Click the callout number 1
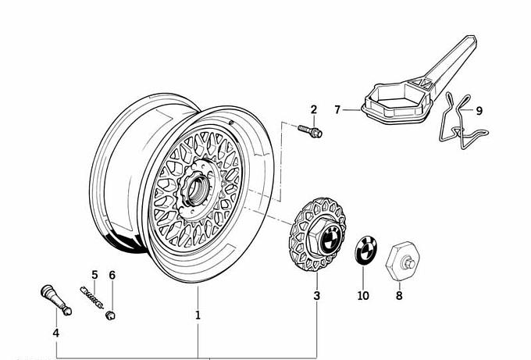point(198,315)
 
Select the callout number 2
point(314,109)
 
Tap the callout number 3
point(316,296)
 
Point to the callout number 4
point(55,333)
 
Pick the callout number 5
point(94,275)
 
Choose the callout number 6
point(112,275)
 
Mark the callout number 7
point(337,110)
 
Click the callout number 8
point(399,296)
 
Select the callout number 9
point(479,111)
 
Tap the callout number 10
point(363,296)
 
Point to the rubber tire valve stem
point(55,301)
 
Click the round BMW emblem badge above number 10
point(364,251)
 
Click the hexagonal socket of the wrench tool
point(397,100)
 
